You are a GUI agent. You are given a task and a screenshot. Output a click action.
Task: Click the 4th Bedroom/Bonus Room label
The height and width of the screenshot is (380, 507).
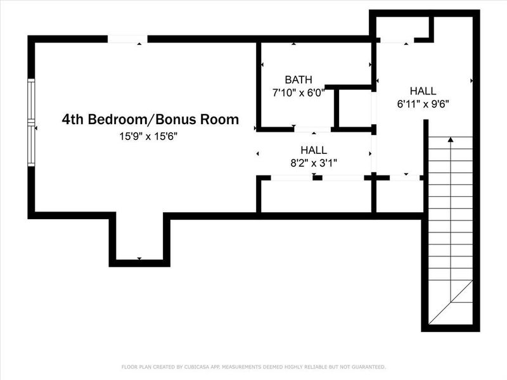pos(150,119)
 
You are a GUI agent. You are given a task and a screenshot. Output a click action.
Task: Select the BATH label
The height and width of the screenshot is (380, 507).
pos(298,80)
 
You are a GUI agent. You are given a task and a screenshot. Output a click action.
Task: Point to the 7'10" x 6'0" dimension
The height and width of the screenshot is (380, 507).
pos(298,92)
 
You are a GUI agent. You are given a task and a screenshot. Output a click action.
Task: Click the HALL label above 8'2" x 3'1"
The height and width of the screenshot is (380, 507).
pos(314,150)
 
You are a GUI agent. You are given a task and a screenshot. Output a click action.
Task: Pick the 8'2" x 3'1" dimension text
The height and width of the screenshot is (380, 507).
pos(314,162)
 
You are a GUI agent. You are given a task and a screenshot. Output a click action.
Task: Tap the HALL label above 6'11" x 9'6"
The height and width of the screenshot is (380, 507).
pos(423,91)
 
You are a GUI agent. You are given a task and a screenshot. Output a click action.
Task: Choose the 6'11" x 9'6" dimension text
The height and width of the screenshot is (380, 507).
pos(423,103)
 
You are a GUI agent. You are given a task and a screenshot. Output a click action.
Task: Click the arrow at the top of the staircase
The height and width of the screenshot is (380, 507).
pos(451,139)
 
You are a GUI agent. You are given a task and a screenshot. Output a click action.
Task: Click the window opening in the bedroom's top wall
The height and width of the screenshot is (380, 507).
pos(127,39)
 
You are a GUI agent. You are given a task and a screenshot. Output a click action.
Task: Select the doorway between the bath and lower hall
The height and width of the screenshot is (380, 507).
pos(313,129)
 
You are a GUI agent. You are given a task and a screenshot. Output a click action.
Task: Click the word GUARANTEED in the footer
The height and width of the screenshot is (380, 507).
pos(367,367)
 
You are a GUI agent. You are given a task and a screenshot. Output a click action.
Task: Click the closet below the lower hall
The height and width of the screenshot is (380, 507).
pos(316,196)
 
